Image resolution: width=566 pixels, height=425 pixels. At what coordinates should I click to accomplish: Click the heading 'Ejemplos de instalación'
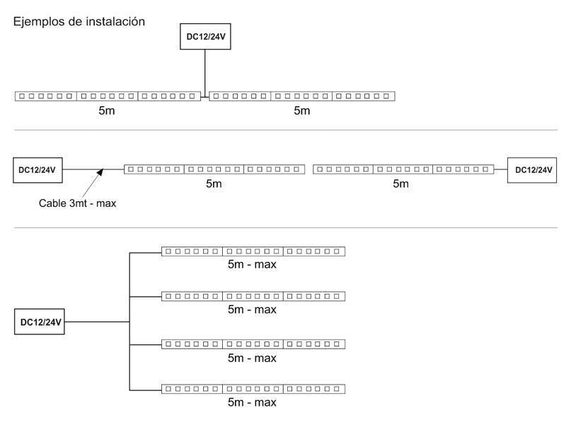(79, 22)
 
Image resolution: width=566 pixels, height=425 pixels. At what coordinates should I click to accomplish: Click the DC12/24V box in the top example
(205, 38)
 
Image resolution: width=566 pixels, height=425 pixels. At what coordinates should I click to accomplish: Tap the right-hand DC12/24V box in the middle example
(533, 170)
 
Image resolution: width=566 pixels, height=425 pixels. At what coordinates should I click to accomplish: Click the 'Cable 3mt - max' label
(77, 203)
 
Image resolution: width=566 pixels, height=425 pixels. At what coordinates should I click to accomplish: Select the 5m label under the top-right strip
(302, 110)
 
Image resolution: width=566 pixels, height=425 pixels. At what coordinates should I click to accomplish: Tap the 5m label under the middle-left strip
(214, 184)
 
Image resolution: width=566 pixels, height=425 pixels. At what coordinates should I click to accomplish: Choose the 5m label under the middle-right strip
(401, 184)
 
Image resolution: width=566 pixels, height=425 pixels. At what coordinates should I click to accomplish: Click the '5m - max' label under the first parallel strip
(252, 265)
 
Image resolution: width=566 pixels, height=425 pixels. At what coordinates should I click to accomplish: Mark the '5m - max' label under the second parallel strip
(252, 310)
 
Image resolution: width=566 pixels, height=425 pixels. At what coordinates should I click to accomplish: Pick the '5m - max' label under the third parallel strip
(252, 358)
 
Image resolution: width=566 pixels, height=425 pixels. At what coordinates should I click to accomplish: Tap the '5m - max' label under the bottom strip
(252, 402)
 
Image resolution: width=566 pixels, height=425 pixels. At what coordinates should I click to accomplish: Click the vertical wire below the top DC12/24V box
(205, 71)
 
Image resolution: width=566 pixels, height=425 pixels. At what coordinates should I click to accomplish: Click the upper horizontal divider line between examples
(283, 130)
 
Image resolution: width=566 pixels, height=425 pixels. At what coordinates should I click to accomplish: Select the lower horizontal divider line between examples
(283, 228)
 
